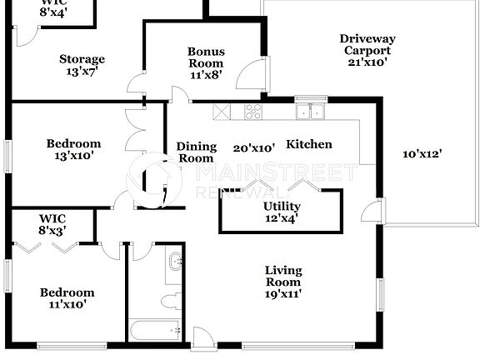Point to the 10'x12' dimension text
422,152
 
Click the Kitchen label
309,144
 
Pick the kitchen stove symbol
252,112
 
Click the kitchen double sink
313,112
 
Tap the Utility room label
282,207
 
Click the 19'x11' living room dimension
282,293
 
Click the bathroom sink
176,263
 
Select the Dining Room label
196,152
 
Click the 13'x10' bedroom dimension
73,154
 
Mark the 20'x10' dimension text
254,147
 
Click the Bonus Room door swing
247,77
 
